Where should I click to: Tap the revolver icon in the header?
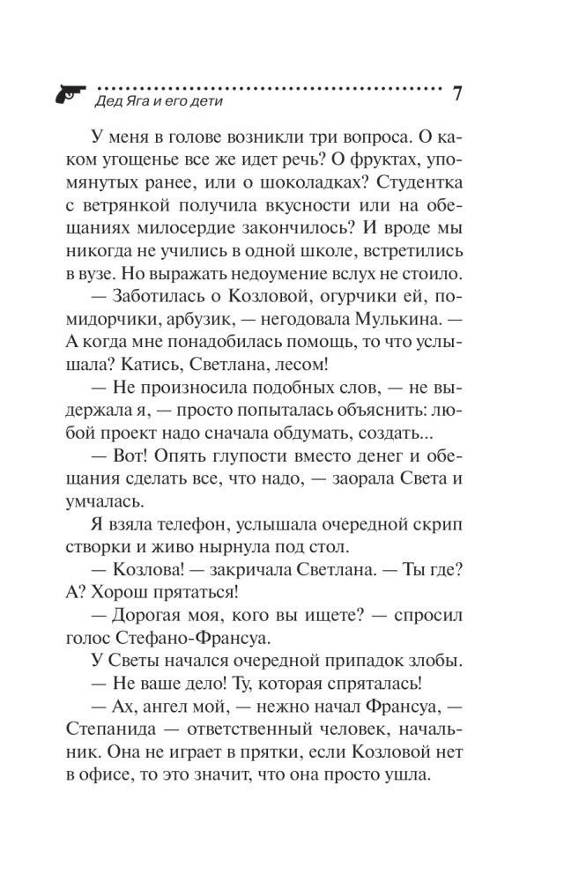tap(69, 93)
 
